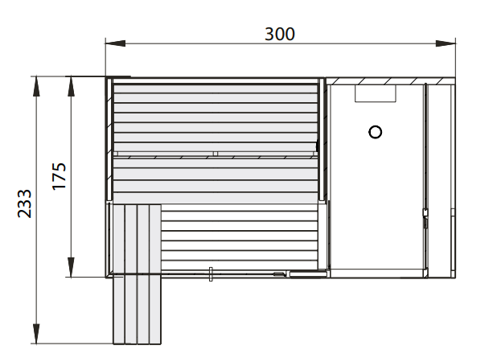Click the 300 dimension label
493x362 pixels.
coord(280,34)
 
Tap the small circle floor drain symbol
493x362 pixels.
coord(374,132)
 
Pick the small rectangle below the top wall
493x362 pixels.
coord(376,93)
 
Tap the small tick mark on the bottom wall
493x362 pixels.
coord(210,274)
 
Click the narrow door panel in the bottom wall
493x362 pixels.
coord(308,274)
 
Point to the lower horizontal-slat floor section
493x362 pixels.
coord(241,237)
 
